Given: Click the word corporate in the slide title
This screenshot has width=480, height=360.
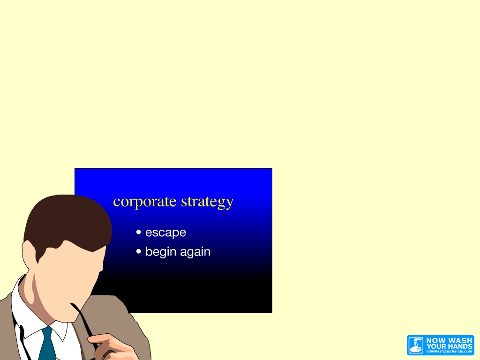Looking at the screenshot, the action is tap(145, 202).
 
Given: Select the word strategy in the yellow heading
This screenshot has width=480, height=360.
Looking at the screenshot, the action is tap(207, 202).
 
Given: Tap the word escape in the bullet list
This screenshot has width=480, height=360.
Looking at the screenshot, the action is tap(165, 232).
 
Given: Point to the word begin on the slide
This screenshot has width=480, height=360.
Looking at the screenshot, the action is tap(160, 252).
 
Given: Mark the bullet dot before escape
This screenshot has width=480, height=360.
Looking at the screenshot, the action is tap(139, 232).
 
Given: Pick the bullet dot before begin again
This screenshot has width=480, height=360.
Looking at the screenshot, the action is tap(139, 251).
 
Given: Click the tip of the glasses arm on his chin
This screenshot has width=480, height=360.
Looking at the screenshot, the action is tap(72, 304).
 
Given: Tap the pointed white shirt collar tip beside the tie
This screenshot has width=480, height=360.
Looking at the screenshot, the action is tap(63, 341).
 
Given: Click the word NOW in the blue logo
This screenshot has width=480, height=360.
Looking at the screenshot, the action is tap(435, 340).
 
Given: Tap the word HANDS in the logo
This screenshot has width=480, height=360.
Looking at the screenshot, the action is tap(461, 346).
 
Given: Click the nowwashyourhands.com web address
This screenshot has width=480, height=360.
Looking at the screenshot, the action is tap(449, 352).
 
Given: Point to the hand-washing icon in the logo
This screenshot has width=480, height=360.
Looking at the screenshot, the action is tap(416, 345).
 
